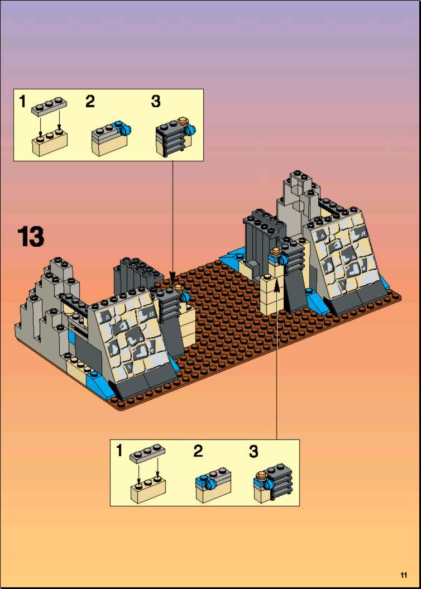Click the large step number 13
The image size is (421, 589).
tap(31, 237)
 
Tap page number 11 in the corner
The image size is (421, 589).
tap(404, 574)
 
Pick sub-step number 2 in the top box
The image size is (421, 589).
tap(90, 102)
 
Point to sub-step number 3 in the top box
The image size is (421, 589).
tap(156, 102)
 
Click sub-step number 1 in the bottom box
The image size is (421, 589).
tap(119, 451)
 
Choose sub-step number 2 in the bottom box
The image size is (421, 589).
tap(198, 451)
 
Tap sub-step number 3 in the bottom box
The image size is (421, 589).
tap(253, 451)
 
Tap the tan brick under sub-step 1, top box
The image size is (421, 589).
tap(50, 143)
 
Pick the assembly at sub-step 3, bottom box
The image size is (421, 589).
tap(273, 483)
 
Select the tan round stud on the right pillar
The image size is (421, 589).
tap(276, 252)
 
